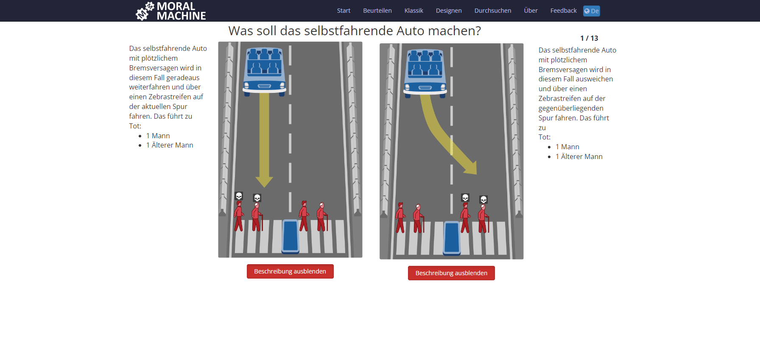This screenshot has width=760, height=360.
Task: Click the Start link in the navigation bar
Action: click(x=344, y=11)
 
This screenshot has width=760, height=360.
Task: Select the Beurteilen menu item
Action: click(x=377, y=11)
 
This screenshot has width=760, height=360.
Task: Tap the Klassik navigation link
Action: click(x=414, y=11)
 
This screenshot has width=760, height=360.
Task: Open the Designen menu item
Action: click(x=448, y=11)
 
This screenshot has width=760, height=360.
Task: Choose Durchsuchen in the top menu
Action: click(x=492, y=11)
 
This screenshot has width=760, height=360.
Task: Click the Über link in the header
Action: click(x=531, y=11)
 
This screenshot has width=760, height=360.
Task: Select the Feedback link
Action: click(x=563, y=11)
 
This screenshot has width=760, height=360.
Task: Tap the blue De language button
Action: click(x=591, y=11)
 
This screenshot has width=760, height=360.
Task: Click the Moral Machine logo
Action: click(x=170, y=11)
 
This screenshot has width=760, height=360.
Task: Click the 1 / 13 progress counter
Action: click(x=589, y=38)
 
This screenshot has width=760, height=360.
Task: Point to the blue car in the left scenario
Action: click(x=264, y=71)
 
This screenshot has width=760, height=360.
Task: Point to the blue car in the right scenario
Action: click(x=425, y=73)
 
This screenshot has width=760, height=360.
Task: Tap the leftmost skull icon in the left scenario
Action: click(x=239, y=196)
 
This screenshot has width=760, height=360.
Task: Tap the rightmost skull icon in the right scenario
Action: click(x=483, y=199)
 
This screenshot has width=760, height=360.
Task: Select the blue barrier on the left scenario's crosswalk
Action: click(x=291, y=236)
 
